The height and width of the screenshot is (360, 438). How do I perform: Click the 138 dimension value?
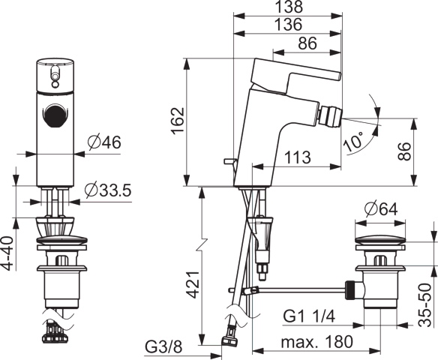(x=289, y=7)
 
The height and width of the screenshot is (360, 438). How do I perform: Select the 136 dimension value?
(x=289, y=24)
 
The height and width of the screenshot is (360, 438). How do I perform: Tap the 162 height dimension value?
(x=178, y=121)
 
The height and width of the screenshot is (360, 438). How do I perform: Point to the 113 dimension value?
(x=298, y=157)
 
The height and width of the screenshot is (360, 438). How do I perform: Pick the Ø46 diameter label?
(x=104, y=142)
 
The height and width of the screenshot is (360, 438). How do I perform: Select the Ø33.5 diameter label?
(x=108, y=190)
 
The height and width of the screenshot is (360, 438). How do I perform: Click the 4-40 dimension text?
(x=9, y=253)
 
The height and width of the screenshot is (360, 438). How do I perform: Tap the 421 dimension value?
(x=193, y=284)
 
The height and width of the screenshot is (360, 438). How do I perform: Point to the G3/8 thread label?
(x=164, y=347)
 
